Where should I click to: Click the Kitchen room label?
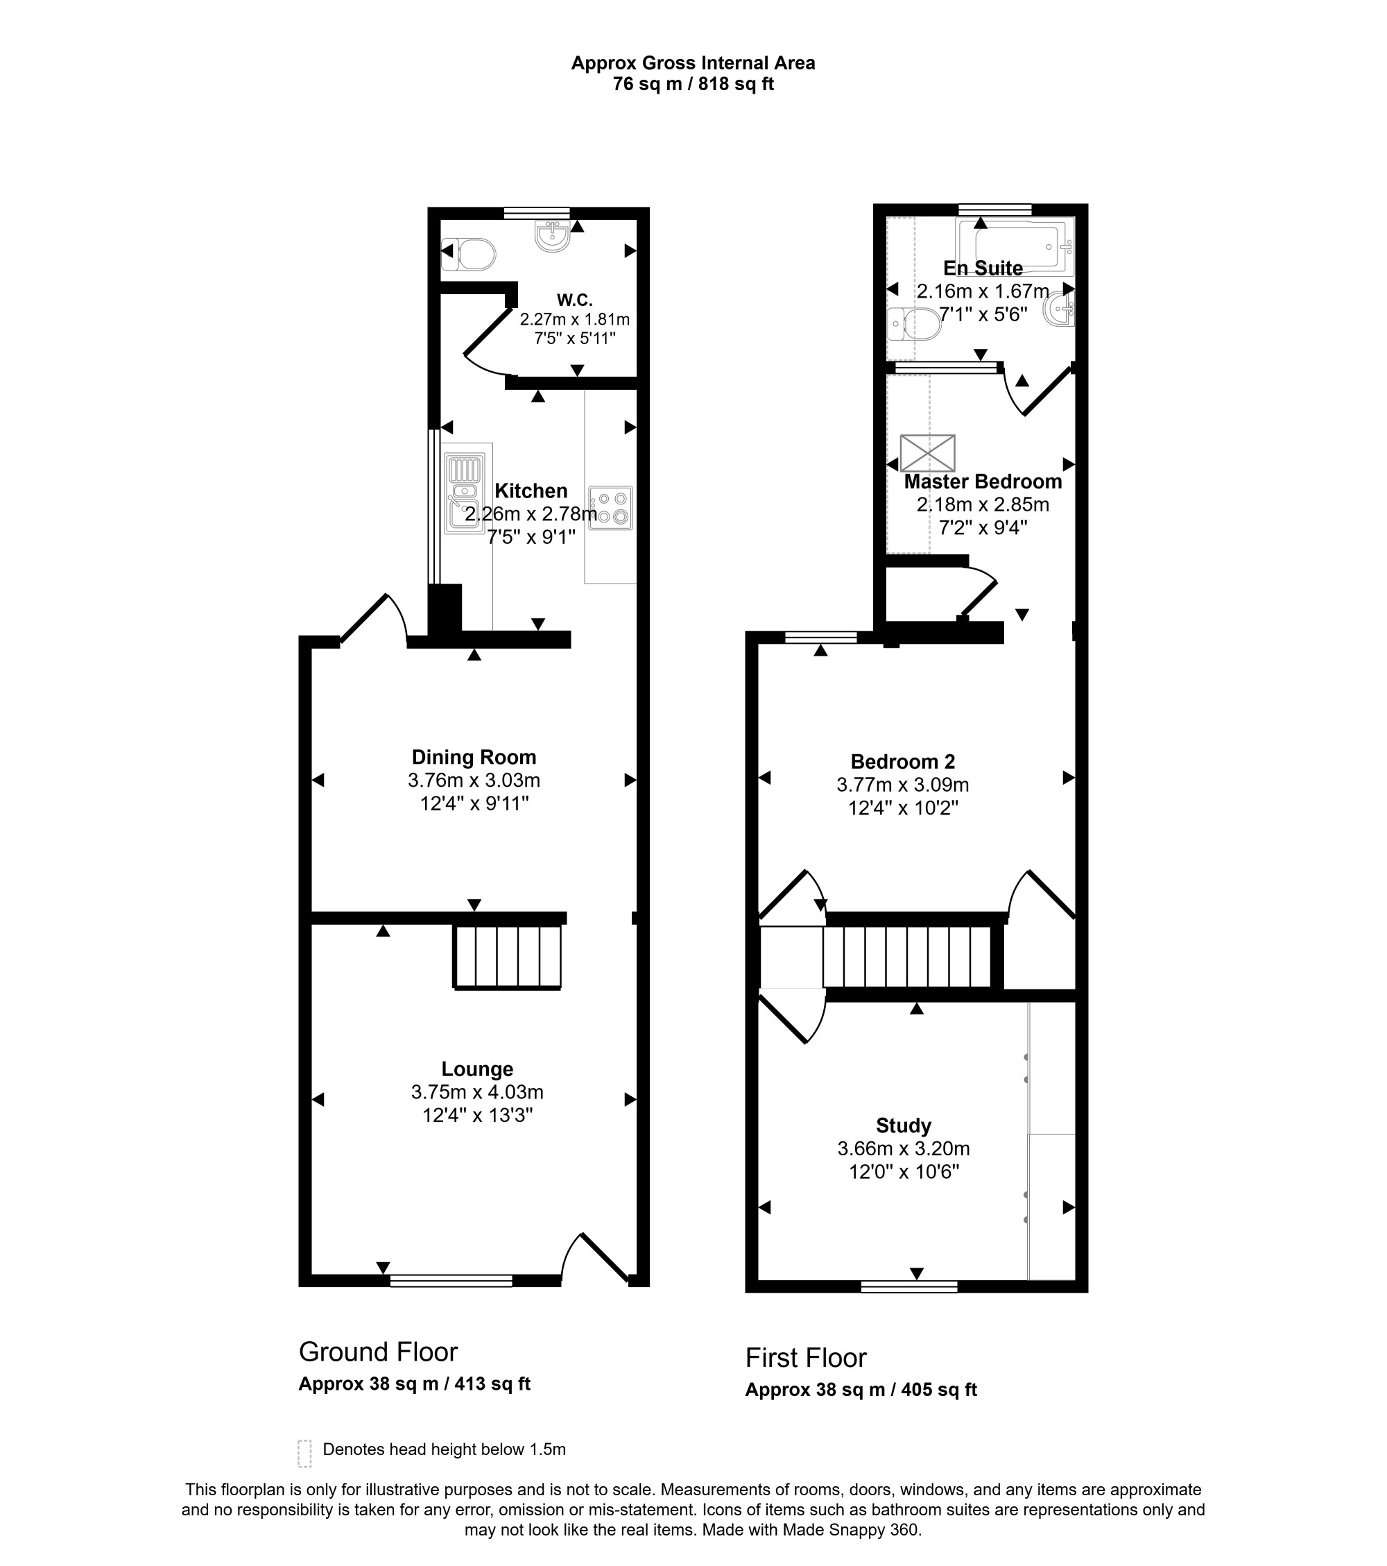531,491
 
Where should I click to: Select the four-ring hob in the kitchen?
610,508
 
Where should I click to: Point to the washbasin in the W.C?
552,236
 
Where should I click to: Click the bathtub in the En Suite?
1015,244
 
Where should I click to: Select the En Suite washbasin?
1060,309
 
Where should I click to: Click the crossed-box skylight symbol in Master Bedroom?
927,453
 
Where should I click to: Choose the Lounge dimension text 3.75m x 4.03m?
477,1091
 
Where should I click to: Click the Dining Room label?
474,757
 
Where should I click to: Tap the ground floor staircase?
508,956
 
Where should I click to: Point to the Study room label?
904,1125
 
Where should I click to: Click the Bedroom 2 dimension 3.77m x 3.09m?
903,785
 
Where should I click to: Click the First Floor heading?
806,1358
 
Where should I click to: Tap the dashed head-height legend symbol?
304,1454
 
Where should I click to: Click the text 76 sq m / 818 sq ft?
693,84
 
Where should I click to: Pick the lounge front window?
451,1280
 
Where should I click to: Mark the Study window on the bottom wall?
909,1286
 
